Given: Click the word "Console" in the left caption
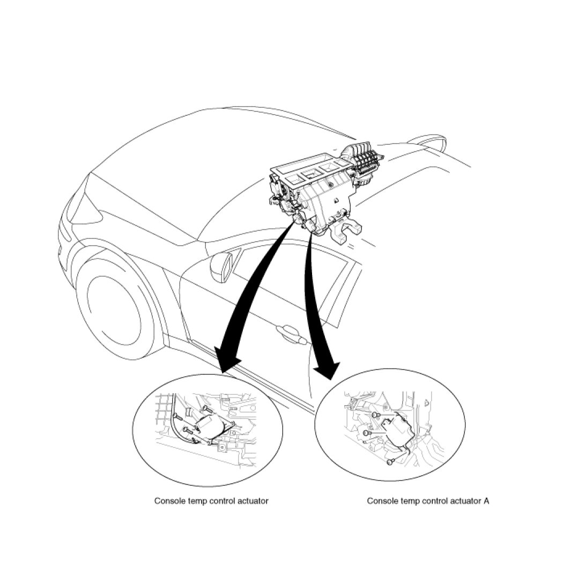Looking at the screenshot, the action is tap(168, 501).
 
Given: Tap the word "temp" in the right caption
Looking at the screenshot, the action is tap(413, 501).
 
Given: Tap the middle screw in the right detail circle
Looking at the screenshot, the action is tap(367, 433).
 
